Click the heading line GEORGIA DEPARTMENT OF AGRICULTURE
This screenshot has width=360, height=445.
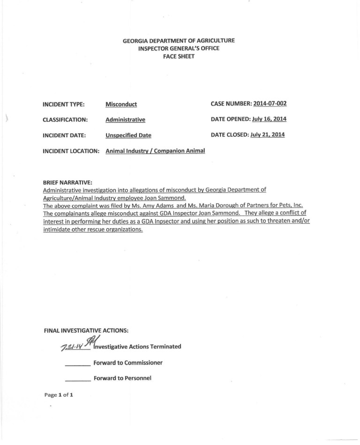(x=179, y=41)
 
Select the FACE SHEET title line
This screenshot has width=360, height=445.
(x=179, y=56)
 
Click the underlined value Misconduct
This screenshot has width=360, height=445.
(x=121, y=104)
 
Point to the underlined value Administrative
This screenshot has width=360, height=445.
(x=125, y=120)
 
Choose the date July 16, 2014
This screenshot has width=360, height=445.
(x=268, y=119)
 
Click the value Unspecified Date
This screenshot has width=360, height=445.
(x=128, y=135)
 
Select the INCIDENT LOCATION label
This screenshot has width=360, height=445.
(x=71, y=151)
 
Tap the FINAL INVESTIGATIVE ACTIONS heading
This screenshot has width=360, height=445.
(x=86, y=330)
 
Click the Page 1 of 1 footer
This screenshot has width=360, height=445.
(x=59, y=395)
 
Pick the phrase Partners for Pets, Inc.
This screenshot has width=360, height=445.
(x=276, y=205)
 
